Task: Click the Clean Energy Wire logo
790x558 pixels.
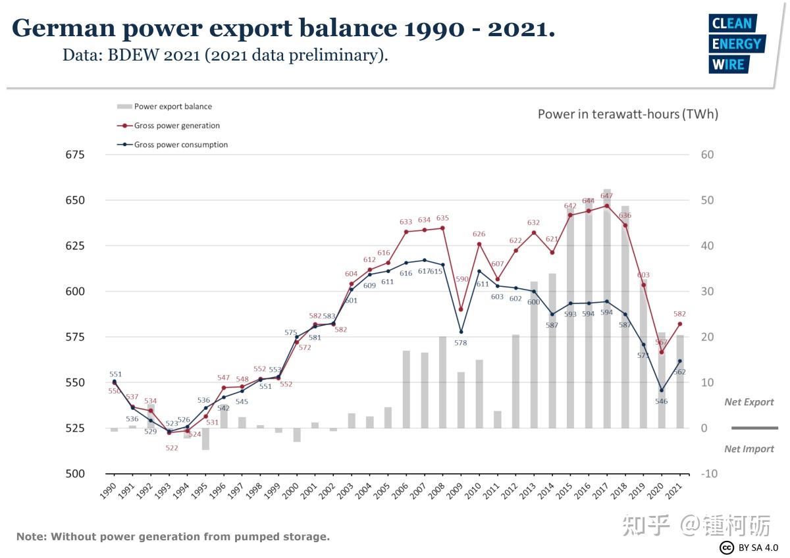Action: click(x=736, y=43)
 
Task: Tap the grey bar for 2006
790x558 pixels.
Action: click(x=406, y=389)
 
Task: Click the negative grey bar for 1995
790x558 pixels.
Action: click(x=205, y=439)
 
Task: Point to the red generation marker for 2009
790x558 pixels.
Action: click(x=461, y=309)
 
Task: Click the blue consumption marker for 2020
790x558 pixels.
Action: click(x=662, y=390)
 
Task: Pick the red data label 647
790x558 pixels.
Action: click(x=606, y=196)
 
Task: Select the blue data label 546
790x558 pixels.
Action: click(x=662, y=401)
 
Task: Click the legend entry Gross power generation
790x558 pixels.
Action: click(x=176, y=126)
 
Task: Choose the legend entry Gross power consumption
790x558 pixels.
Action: click(x=180, y=145)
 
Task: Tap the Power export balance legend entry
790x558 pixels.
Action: click(x=172, y=107)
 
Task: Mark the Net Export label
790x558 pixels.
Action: click(x=749, y=402)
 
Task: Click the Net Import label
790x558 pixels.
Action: click(x=749, y=449)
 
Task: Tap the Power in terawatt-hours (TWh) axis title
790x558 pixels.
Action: click(x=627, y=114)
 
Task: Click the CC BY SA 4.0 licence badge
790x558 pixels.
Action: click(x=749, y=547)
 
